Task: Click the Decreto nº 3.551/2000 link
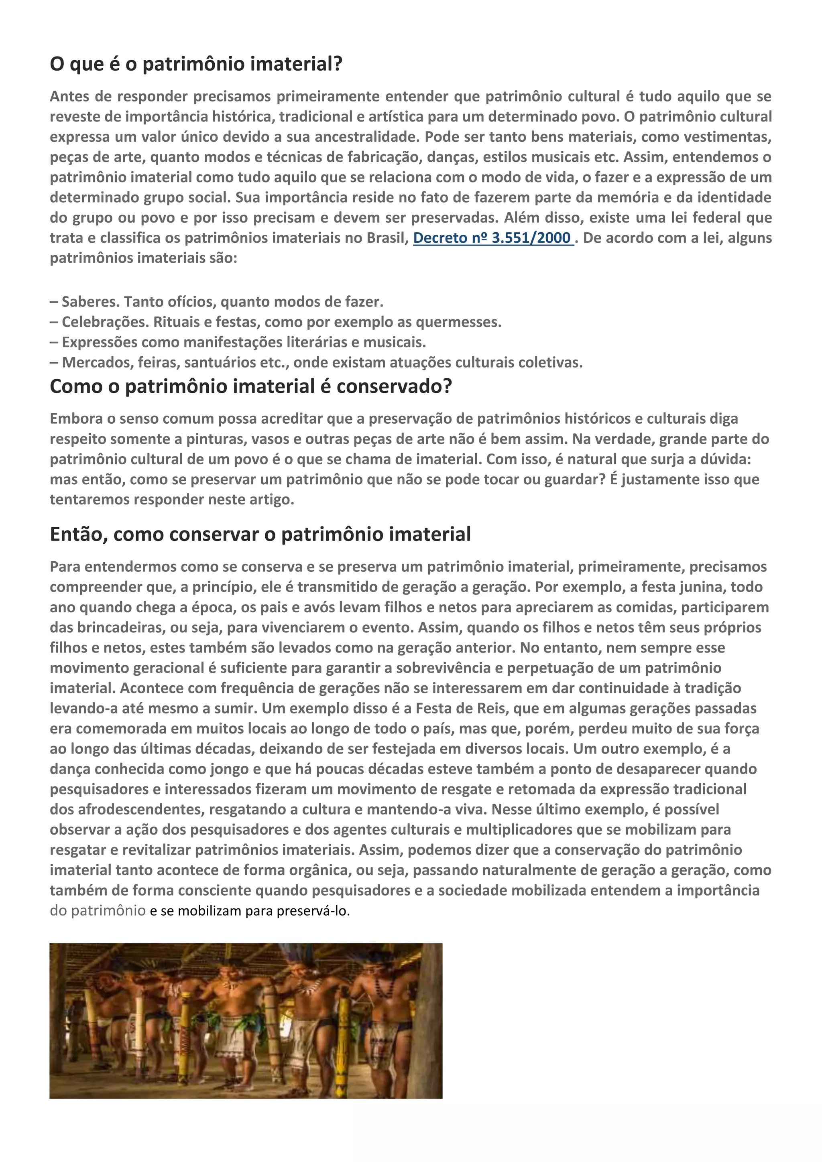pos(492,238)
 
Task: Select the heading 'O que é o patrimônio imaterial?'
pos(196,64)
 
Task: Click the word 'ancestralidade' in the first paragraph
pos(367,137)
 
